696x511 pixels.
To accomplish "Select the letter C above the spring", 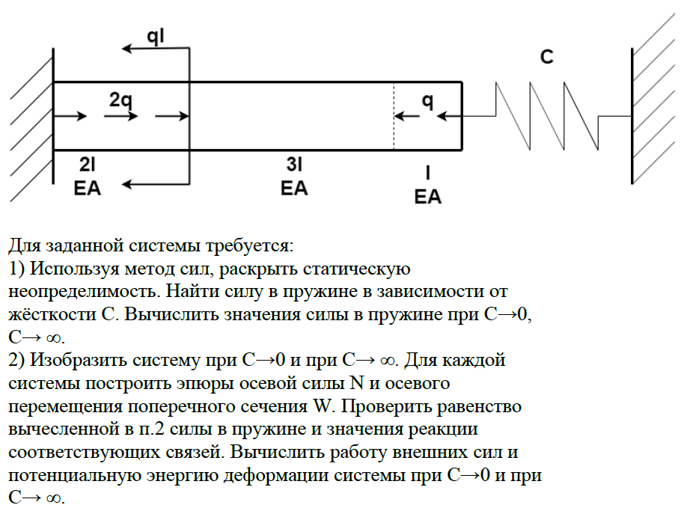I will (547, 57).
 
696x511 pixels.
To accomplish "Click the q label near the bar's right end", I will (427, 100).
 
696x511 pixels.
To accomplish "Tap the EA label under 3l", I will (294, 187).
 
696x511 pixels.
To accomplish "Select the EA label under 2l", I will (88, 187).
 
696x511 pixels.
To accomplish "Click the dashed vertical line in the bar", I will (394, 116).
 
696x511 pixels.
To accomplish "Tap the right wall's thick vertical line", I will (632, 116).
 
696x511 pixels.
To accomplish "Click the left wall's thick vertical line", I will (54, 116).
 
